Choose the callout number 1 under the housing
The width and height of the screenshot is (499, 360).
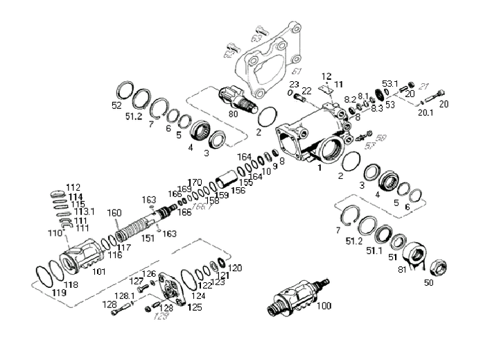tap(319, 167)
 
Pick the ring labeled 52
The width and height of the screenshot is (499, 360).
tap(125, 89)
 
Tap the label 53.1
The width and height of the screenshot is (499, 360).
tap(390, 84)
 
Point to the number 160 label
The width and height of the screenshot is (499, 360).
tap(114, 212)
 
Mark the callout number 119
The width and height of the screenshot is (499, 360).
tap(59, 294)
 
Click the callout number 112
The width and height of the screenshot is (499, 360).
tap(73, 187)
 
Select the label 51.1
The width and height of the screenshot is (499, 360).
tap(374, 250)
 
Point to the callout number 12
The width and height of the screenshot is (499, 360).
tap(327, 76)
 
